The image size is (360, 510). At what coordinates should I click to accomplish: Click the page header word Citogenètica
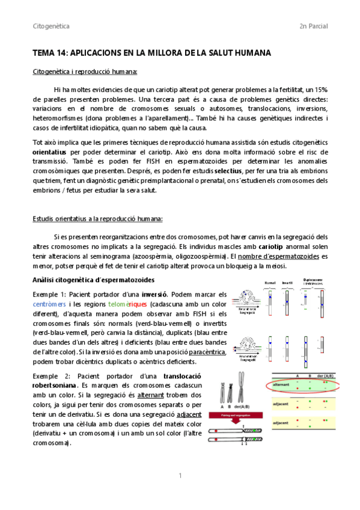point(51,26)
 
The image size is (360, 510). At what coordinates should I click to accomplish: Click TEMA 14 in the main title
point(52,54)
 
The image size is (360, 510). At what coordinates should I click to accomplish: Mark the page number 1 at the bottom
point(180,476)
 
